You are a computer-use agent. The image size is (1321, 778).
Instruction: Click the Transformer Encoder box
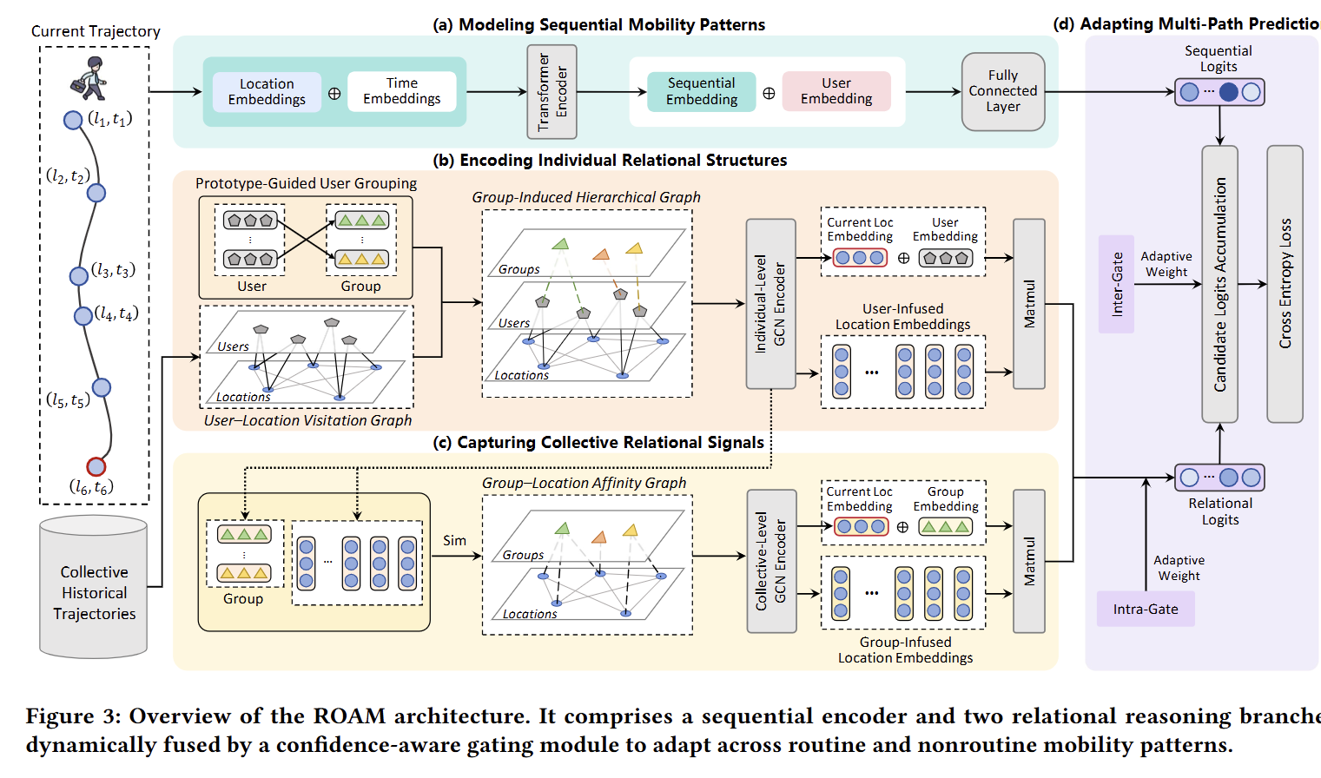552,92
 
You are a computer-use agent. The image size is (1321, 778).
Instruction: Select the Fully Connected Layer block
1002,91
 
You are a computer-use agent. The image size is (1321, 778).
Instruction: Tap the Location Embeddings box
267,92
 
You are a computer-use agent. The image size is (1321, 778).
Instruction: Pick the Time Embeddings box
401,91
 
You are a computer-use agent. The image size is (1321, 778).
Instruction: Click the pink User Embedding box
836,91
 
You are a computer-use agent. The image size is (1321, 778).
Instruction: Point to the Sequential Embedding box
701,91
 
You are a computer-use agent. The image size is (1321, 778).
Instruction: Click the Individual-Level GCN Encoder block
770,304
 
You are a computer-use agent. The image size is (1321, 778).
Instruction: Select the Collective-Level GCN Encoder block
771,561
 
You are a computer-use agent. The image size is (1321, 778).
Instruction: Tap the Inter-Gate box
1116,284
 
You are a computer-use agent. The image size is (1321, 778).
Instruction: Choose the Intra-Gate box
1146,609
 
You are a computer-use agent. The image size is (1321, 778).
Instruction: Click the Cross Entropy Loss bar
1285,284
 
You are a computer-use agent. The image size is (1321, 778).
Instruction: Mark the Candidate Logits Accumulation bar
1219,284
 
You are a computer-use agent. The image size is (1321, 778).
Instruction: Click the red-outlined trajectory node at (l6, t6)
96,467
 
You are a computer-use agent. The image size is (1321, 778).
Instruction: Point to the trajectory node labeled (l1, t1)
73,120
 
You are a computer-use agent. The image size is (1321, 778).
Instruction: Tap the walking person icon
89,78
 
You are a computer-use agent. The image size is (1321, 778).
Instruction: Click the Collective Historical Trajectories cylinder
93,586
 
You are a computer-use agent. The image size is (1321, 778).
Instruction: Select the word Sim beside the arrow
455,540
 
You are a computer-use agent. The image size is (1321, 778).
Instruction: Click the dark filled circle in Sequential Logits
1228,92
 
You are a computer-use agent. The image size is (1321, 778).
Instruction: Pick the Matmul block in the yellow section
1029,561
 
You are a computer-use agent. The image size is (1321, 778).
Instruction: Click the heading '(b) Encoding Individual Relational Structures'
610,161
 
